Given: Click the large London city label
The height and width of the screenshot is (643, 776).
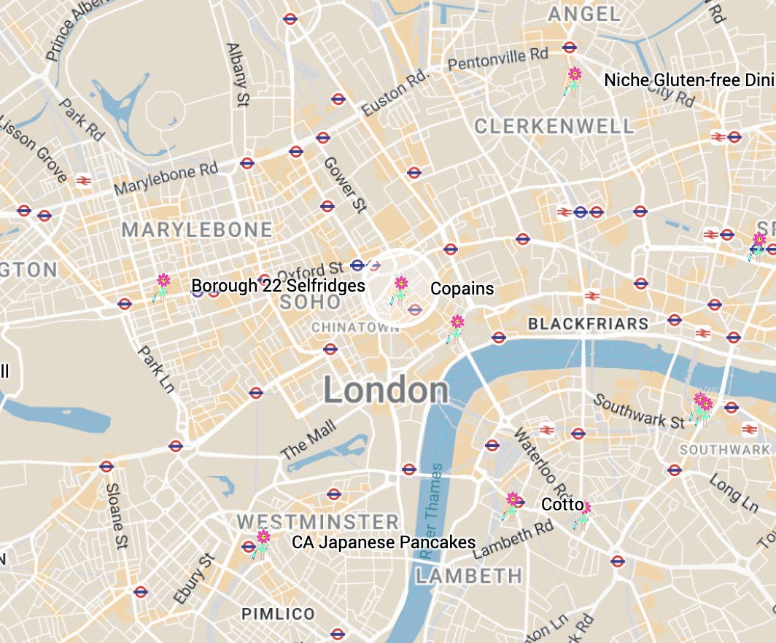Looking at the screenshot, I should (x=386, y=391).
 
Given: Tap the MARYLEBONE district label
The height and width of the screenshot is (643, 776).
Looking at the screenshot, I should (x=197, y=230).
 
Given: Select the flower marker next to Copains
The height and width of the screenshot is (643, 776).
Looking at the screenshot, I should (x=400, y=289).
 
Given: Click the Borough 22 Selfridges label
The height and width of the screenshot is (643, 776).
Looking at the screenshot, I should (x=278, y=286).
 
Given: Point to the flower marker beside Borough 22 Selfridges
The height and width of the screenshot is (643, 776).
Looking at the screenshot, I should (x=163, y=286).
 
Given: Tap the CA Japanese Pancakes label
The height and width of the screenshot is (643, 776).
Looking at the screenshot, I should (x=384, y=542).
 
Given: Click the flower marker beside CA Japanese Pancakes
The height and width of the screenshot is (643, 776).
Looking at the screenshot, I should (x=263, y=542).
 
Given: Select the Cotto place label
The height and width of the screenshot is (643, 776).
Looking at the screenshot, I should (x=562, y=504).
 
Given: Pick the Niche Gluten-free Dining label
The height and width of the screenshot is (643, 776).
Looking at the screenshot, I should (x=689, y=80).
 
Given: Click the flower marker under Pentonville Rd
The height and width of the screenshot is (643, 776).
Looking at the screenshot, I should (x=575, y=79).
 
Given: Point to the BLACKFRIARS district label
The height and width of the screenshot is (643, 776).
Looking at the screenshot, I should (x=588, y=324).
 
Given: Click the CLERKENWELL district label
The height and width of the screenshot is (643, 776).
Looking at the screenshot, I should (x=554, y=127).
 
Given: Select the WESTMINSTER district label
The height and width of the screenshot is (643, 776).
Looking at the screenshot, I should (x=318, y=522).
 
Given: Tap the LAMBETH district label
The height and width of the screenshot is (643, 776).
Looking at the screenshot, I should (x=469, y=576).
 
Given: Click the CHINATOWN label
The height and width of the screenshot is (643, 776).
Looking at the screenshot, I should (x=355, y=328).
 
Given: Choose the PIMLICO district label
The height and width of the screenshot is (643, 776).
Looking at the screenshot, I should (x=278, y=613).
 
